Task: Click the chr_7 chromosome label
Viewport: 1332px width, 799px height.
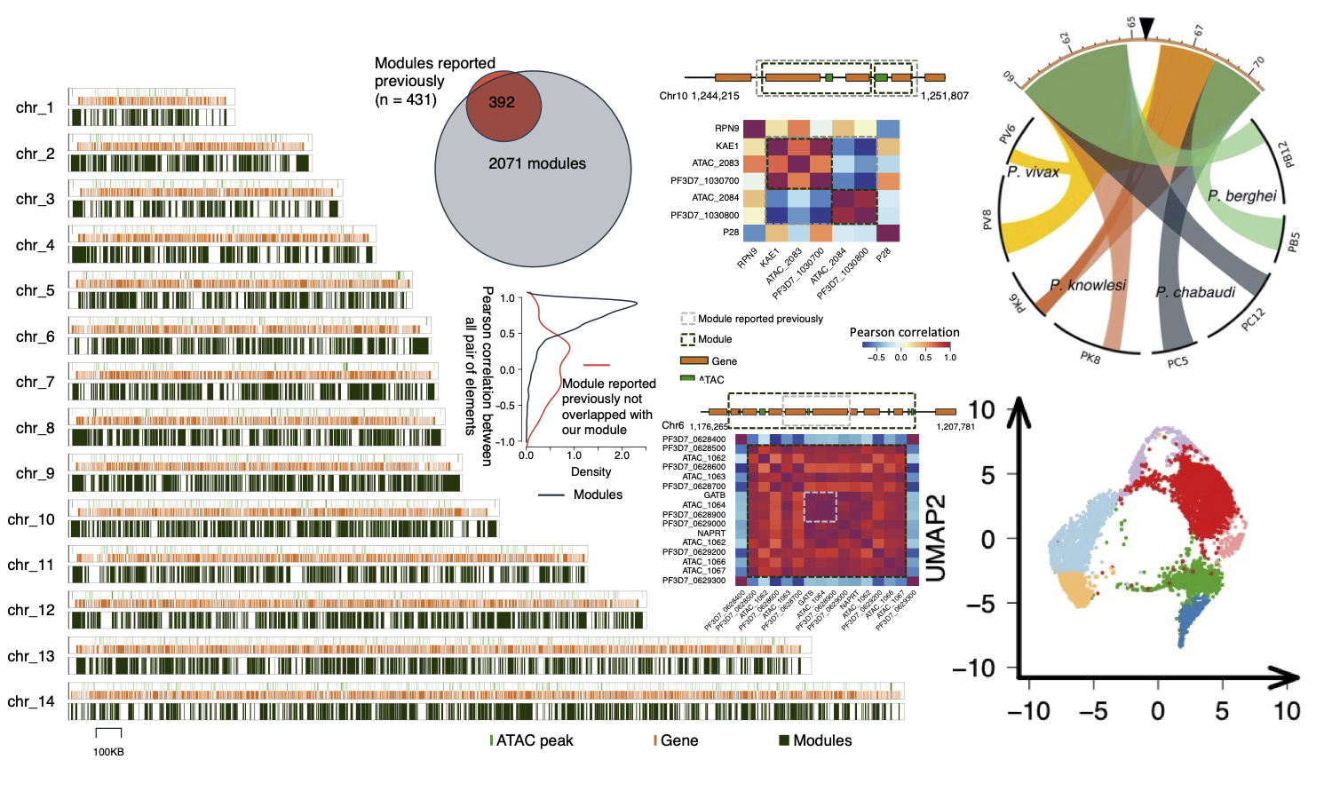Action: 35,382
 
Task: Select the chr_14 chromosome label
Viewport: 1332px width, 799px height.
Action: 31,701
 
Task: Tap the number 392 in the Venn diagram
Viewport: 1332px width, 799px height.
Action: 502,102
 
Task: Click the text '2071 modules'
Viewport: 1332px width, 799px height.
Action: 537,163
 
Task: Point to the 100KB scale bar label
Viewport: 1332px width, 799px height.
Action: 108,752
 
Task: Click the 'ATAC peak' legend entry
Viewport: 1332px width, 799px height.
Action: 534,740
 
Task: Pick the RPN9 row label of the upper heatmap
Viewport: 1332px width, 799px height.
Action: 726,128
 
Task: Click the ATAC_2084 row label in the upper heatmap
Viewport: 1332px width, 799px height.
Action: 715,197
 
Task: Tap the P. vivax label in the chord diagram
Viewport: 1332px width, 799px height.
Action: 1034,171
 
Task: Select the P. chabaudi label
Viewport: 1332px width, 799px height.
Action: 1195,292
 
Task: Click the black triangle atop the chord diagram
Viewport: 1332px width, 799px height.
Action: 1147,28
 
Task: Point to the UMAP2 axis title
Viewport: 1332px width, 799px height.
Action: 936,538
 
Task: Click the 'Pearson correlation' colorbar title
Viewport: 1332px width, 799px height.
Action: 904,332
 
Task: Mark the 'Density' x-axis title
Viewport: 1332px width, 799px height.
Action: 591,471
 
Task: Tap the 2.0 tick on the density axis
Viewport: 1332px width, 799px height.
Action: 622,455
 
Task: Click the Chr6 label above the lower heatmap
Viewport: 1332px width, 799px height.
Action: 672,425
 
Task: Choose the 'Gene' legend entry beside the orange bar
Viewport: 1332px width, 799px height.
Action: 724,361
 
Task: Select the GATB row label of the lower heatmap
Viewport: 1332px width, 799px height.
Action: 714,495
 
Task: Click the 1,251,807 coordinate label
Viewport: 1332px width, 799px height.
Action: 945,95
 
